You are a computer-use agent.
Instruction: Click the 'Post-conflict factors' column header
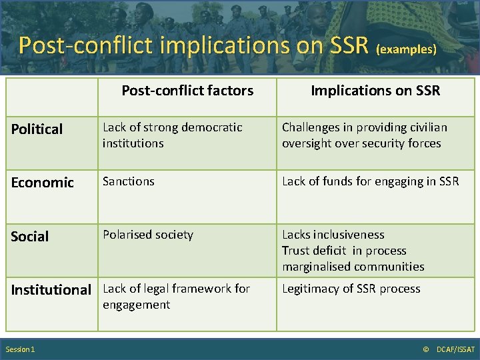pyautogui.click(x=187, y=91)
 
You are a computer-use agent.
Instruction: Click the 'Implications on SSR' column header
pyautogui.click(x=375, y=91)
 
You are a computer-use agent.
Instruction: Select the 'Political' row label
pyautogui.click(x=37, y=129)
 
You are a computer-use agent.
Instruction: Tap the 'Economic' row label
pyautogui.click(x=43, y=183)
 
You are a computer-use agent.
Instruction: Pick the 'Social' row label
pyautogui.click(x=30, y=237)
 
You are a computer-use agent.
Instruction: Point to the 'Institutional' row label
pyautogui.click(x=51, y=289)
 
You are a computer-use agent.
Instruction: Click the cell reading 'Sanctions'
pyautogui.click(x=129, y=181)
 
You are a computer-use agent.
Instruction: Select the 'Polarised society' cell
pyautogui.click(x=148, y=235)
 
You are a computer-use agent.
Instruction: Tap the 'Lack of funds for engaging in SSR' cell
pyautogui.click(x=370, y=181)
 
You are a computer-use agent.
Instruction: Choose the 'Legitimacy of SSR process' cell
pyautogui.click(x=351, y=289)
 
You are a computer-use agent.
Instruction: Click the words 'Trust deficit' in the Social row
pyautogui.click(x=313, y=251)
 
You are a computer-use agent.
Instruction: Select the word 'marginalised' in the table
pyautogui.click(x=315, y=267)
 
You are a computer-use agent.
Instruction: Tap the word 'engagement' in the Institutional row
pyautogui.click(x=136, y=305)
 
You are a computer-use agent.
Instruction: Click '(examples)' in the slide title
pyautogui.click(x=407, y=49)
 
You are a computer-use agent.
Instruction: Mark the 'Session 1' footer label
pyautogui.click(x=21, y=350)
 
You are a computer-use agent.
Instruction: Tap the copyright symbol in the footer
pyautogui.click(x=427, y=350)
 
